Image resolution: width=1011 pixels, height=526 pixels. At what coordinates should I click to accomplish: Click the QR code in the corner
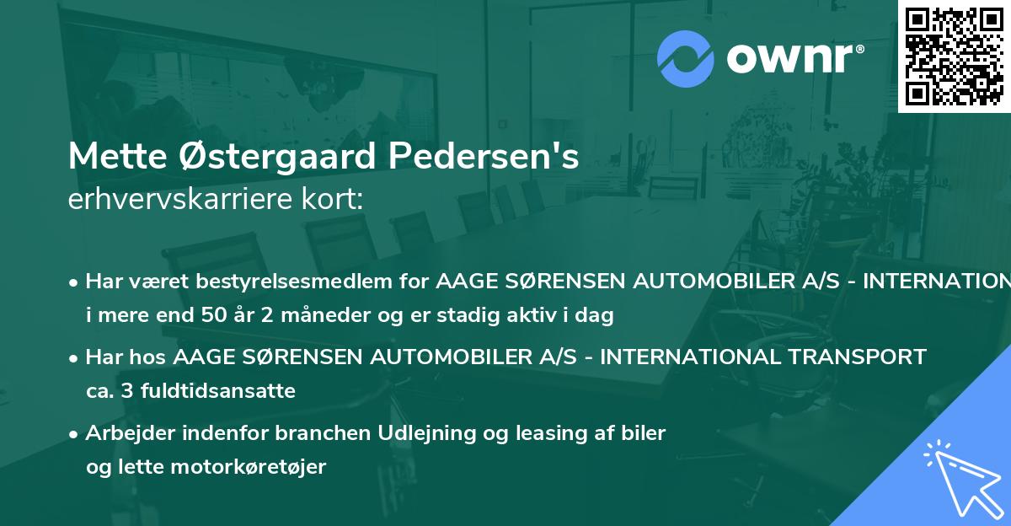953,56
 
